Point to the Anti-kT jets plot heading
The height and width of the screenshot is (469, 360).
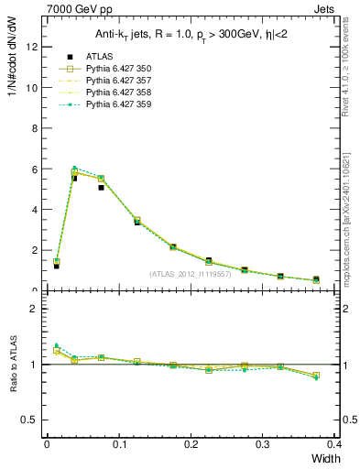pyautogui.click(x=186, y=34)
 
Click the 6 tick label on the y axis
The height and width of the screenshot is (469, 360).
pyautogui.click(x=35, y=169)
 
